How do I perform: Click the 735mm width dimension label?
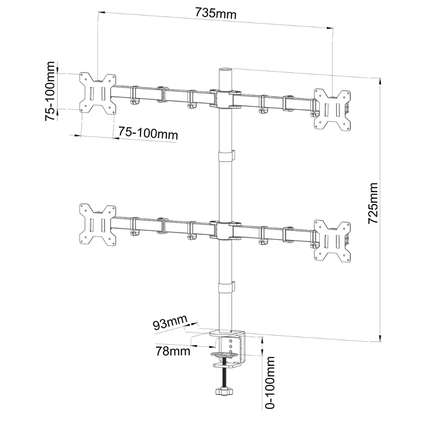pos(216,13)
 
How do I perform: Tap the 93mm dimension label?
pos(170,322)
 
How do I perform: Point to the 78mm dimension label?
pos(173,351)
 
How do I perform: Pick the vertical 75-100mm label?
pos(50,91)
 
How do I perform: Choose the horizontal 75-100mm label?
pos(148,133)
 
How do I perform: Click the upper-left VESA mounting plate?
pos(98,93)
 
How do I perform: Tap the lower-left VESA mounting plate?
pos(98,225)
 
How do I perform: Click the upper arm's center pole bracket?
pos(225,99)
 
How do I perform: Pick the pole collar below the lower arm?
pos(226,287)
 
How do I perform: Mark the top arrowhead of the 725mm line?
pos(380,81)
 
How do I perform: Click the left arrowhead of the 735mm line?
pos(102,12)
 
